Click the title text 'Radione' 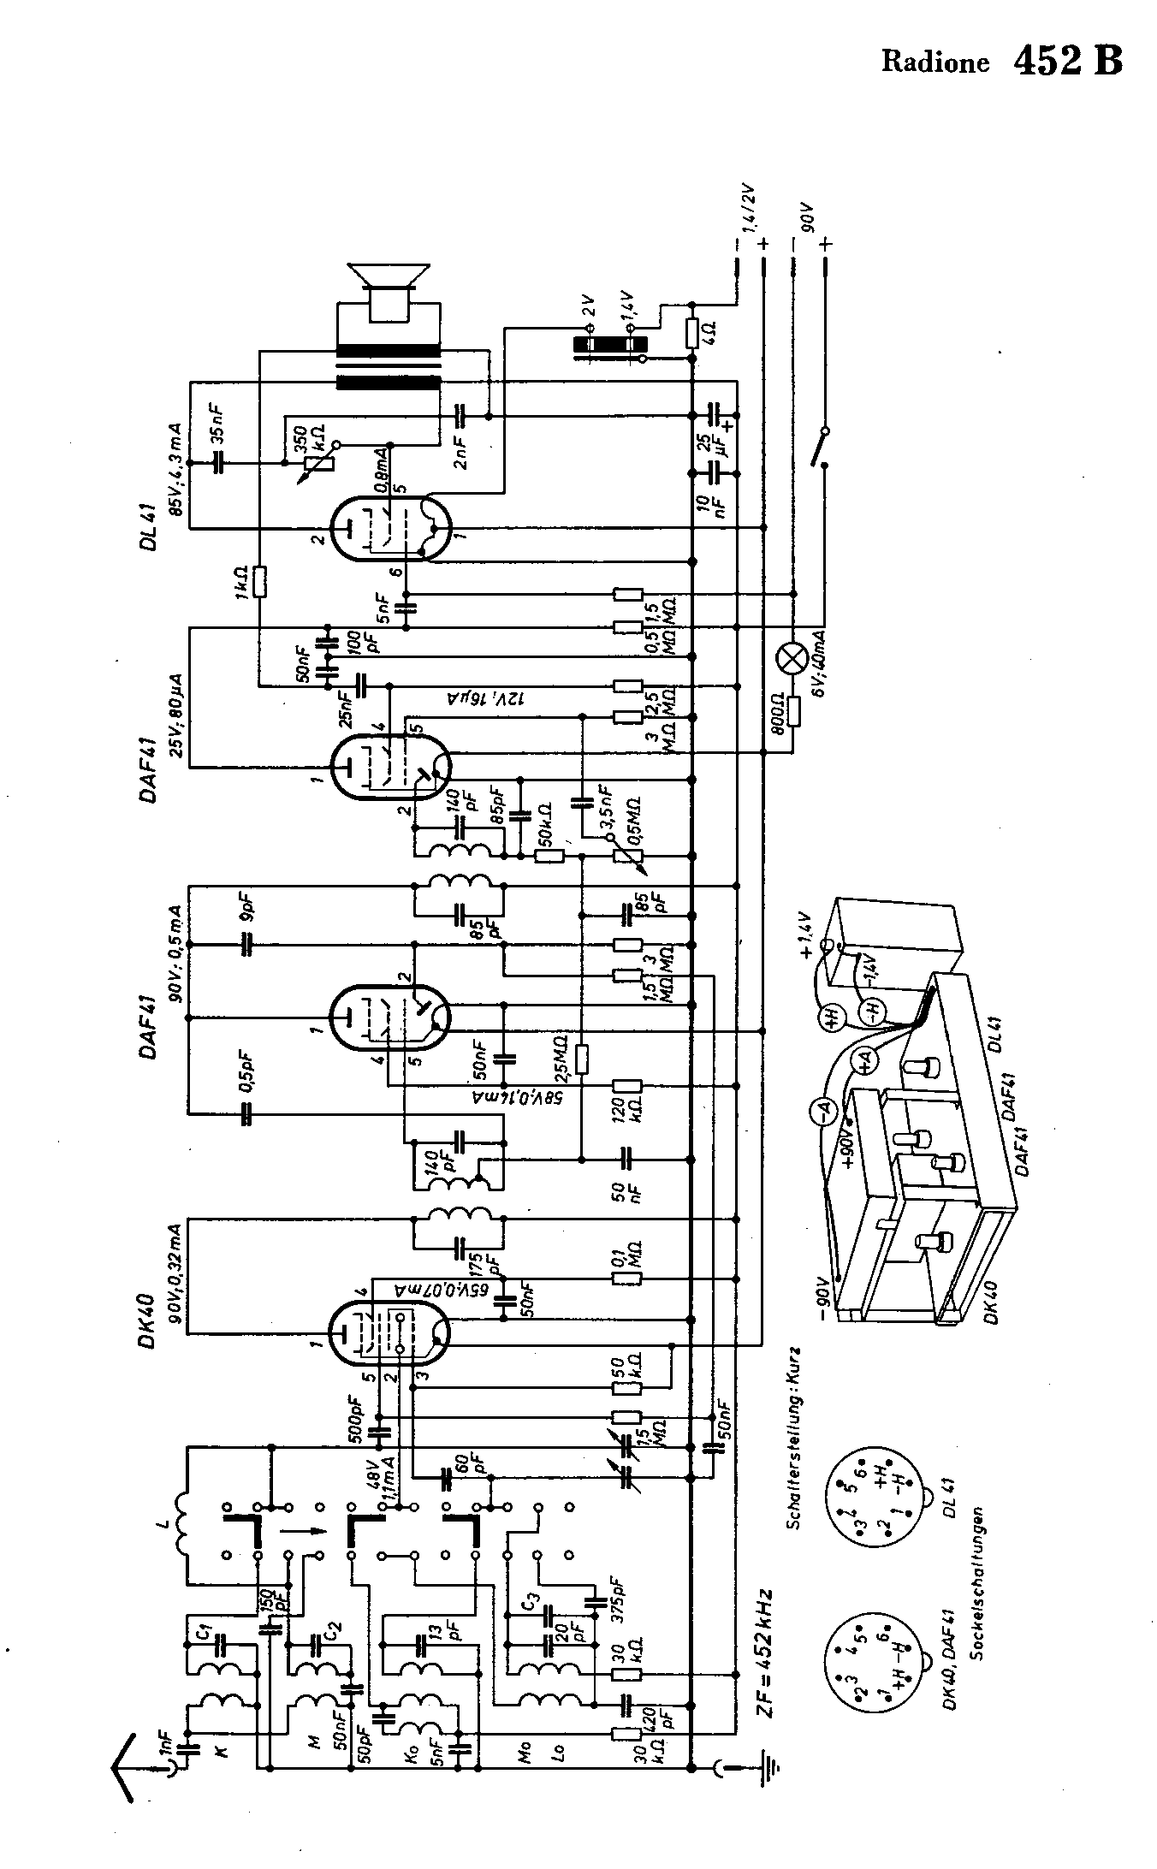coord(935,62)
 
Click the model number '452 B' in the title coord(1067,60)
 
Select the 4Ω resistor coord(692,332)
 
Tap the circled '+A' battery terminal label coord(865,1059)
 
